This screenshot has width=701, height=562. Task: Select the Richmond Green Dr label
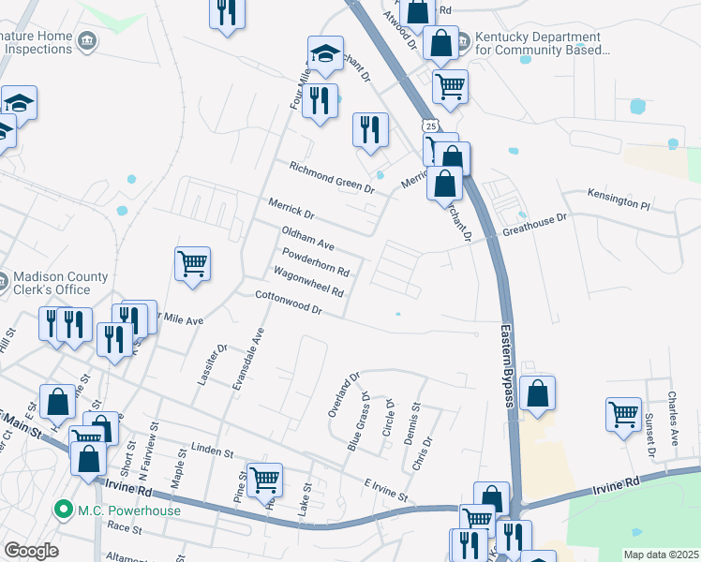[x=331, y=177]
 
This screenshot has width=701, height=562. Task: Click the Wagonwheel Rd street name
[x=308, y=282]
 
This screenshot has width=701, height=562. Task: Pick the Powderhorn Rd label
[x=316, y=261]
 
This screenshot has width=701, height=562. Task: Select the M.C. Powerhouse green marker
[x=64, y=510]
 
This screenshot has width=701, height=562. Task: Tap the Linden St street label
[x=211, y=451]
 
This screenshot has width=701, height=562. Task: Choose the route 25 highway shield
[x=429, y=125]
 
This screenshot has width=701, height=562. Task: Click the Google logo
[x=31, y=550]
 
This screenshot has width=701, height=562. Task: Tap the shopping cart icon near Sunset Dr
[x=623, y=413]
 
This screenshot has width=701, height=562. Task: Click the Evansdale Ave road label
[x=249, y=361]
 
